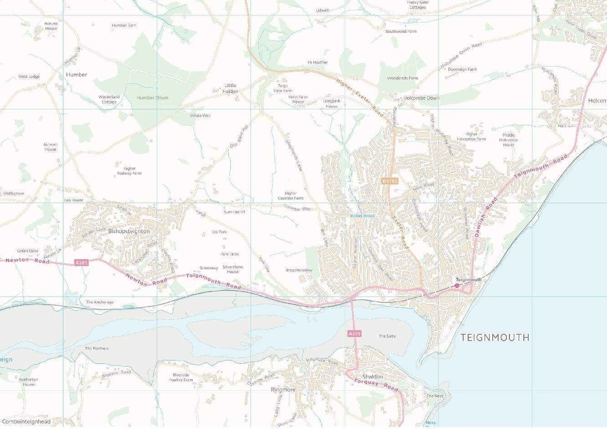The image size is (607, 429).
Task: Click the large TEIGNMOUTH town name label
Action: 495,337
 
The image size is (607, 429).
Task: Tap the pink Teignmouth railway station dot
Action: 457,286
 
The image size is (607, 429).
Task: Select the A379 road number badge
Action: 354,334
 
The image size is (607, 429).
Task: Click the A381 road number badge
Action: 81,263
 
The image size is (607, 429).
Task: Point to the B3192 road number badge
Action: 390,181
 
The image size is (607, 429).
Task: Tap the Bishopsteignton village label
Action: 129,231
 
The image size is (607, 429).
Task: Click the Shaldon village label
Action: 372,377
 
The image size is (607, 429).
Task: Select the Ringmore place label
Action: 283,390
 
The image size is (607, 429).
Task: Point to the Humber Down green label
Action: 153,97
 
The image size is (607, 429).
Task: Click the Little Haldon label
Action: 230,88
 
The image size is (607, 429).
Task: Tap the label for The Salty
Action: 387,336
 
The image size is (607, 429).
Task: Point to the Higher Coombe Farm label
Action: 291,196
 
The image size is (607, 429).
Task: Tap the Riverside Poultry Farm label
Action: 181,377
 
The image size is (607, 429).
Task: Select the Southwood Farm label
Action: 401,31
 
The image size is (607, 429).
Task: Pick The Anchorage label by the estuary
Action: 100,302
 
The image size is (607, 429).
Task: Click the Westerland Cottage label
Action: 109,99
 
